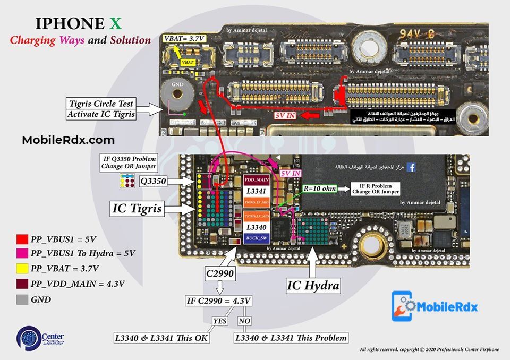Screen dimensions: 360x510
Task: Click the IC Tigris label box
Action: [136, 209]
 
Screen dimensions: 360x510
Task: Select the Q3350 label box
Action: [153, 182]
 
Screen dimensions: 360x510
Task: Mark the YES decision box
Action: [219, 321]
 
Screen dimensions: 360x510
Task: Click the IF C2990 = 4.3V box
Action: [218, 301]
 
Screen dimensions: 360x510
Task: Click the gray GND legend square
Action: [22, 299]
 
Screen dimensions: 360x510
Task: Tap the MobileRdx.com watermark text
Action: [68, 140]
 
